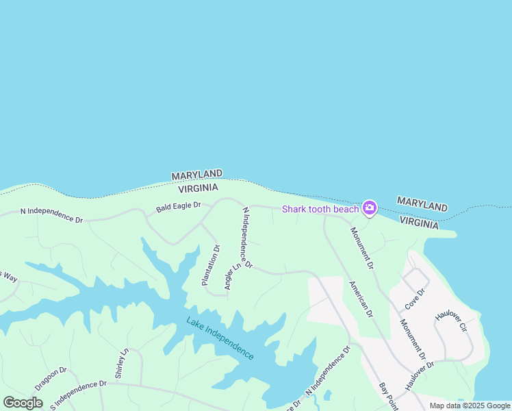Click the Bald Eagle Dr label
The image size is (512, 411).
point(178,205)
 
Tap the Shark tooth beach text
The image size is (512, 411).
point(320,209)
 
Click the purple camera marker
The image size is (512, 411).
point(370,207)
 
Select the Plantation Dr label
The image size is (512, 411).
point(210,265)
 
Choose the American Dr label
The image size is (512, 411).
point(361,299)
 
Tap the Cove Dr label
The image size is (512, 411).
point(415,297)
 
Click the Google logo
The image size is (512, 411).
point(23,403)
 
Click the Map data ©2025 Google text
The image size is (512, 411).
point(470,406)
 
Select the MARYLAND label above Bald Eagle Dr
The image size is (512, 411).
point(196,175)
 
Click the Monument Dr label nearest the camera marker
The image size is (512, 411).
point(363,248)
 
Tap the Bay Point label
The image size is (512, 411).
point(389,397)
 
